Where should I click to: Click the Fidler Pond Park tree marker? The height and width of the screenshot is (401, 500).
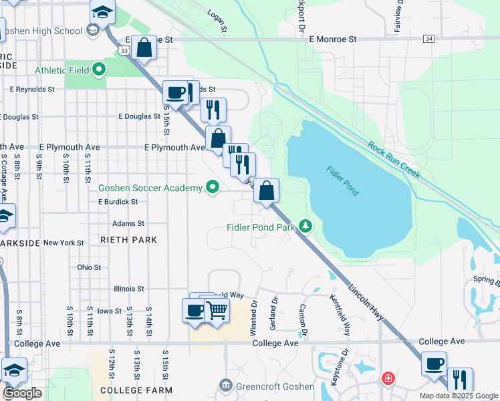tap(305, 227)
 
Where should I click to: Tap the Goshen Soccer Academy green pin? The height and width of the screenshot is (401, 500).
tap(213, 188)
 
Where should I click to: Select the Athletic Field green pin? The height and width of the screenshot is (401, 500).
tap(99, 68)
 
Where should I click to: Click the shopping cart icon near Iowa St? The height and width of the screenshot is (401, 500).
tap(216, 310)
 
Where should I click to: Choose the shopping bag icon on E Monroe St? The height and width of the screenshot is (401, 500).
tap(144, 47)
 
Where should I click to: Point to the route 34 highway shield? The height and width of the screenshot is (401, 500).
tap(428, 39)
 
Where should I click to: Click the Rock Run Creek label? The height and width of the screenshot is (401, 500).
tap(394, 160)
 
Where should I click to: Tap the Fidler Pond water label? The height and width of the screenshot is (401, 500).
tap(342, 180)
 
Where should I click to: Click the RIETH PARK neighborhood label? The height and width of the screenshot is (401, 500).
tap(128, 239)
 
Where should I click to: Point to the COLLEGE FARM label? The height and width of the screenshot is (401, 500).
tap(136, 390)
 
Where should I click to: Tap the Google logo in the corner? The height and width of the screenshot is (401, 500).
tap(21, 393)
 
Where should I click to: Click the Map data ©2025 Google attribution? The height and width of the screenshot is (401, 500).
tap(458, 396)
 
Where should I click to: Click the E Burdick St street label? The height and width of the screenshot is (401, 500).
tap(122, 201)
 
